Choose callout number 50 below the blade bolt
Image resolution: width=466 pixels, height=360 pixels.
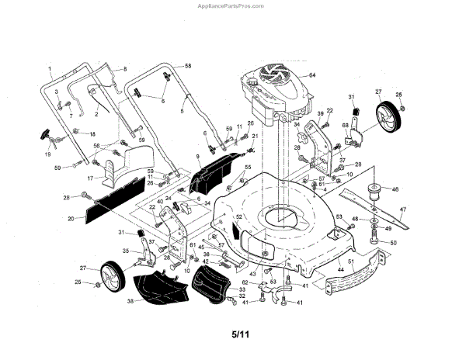(x=392, y=243)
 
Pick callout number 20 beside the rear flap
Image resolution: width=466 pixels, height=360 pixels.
(x=71, y=220)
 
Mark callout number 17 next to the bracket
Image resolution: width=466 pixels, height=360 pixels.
(x=89, y=178)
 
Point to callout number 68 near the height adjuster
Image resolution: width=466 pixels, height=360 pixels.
(x=345, y=124)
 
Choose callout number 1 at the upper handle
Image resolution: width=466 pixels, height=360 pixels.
(x=50, y=68)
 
